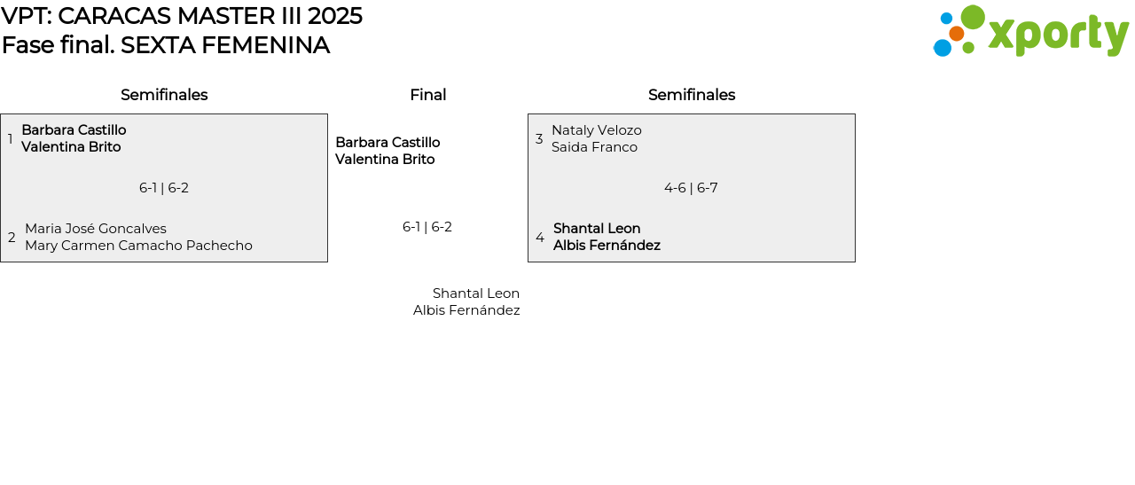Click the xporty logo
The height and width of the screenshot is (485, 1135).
pyautogui.click(x=1030, y=32)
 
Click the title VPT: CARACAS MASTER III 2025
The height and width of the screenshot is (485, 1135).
pyautogui.click(x=182, y=16)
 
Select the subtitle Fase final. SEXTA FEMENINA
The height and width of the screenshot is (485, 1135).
pyautogui.click(x=166, y=45)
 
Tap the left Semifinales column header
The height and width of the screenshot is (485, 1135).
pyautogui.click(x=164, y=95)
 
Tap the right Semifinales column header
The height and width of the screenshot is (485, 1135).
pyautogui.click(x=692, y=95)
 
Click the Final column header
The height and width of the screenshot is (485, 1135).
pyautogui.click(x=427, y=95)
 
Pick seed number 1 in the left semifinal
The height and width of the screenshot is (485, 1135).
pyautogui.click(x=10, y=139)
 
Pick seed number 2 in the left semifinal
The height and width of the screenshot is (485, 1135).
pyautogui.click(x=12, y=238)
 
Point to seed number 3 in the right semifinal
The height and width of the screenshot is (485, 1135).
pyautogui.click(x=539, y=139)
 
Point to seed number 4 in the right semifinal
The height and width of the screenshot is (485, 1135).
pyautogui.click(x=540, y=238)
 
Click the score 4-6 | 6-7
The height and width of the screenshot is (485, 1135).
pyautogui.click(x=691, y=188)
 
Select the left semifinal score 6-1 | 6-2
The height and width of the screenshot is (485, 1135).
pyautogui.click(x=164, y=188)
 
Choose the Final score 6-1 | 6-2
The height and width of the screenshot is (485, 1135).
pyautogui.click(x=427, y=227)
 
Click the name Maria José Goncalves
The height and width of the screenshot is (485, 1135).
pyautogui.click(x=96, y=229)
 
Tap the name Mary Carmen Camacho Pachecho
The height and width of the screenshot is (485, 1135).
pyautogui.click(x=138, y=246)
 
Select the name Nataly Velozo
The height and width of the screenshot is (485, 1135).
pyautogui.click(x=597, y=130)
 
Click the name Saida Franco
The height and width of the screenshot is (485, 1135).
pyautogui.click(x=594, y=147)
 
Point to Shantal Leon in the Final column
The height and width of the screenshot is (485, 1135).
pyautogui.click(x=476, y=293)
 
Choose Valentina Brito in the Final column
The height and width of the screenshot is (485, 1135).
pyautogui.click(x=385, y=160)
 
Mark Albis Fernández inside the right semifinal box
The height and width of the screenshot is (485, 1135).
pyautogui.click(x=607, y=246)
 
